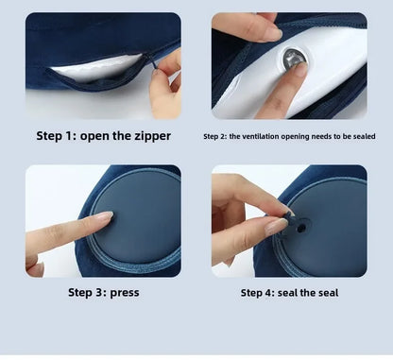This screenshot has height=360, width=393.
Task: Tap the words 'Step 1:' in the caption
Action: [56, 136]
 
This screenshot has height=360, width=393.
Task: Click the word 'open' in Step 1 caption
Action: [100, 136]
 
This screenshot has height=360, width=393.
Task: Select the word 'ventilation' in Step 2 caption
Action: [261, 136]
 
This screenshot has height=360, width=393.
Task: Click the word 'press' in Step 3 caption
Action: [124, 292]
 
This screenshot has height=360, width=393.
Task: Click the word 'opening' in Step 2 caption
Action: [300, 136]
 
